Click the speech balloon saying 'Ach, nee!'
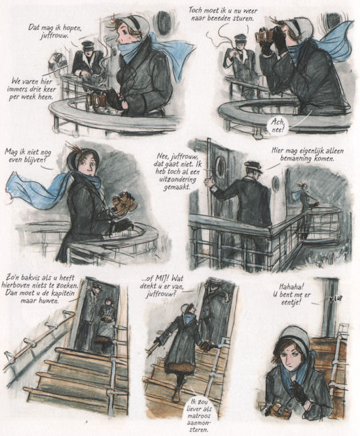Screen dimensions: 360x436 (x=278, y=125)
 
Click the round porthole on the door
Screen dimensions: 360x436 (x=221, y=167)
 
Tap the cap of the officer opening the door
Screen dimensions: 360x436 (x=253, y=166)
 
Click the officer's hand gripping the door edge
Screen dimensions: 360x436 (x=207, y=183)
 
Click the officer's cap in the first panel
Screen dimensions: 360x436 (x=88, y=44)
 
